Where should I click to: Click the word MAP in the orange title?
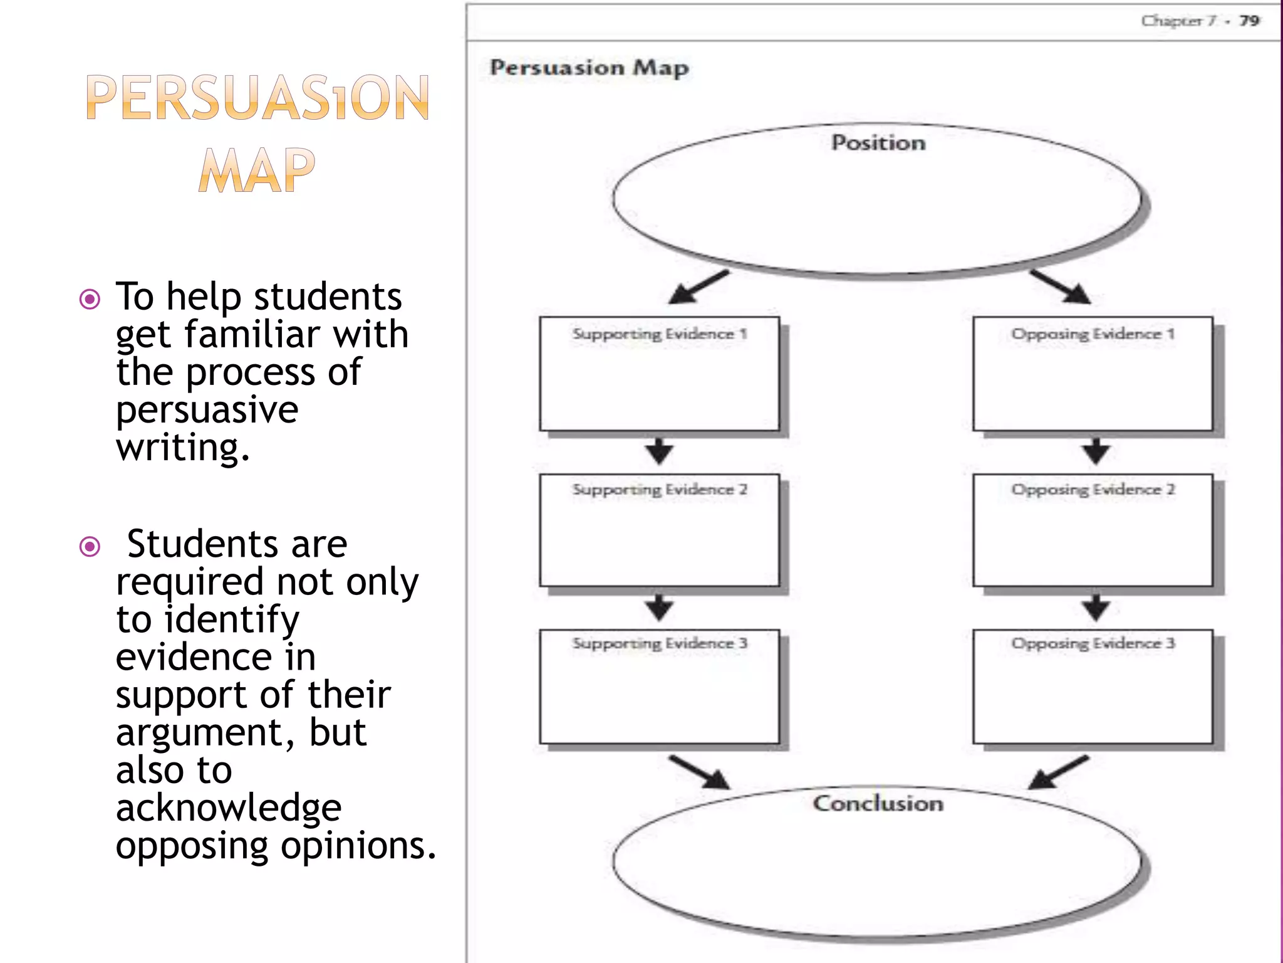[256, 171]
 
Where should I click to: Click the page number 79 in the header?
[1249, 21]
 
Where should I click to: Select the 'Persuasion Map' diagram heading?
[589, 67]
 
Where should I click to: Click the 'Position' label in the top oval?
[878, 143]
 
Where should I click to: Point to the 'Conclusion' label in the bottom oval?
[878, 803]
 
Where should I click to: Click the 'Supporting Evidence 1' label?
[659, 334]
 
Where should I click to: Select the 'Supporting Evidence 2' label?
[659, 489]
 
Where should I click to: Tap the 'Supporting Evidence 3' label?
[659, 643]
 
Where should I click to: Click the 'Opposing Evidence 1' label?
[1093, 334]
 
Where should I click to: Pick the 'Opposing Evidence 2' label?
[1093, 489]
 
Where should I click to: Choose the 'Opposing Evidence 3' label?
[1093, 643]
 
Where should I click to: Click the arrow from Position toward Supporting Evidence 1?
[698, 287]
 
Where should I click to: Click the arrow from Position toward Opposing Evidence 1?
[1060, 287]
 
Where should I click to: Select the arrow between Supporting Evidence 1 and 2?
[659, 451]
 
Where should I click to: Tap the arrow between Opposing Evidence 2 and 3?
[1095, 606]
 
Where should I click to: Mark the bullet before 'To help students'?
[90, 299]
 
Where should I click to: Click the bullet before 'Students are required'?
[90, 546]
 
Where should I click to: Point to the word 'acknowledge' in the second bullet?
[229, 808]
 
